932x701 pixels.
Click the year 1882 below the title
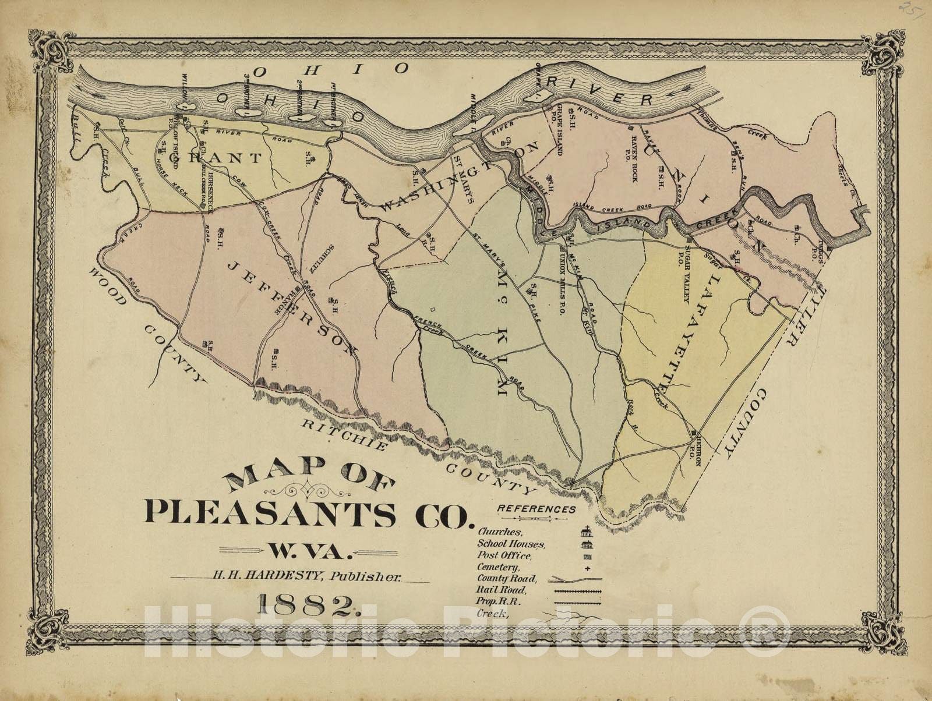[306, 607]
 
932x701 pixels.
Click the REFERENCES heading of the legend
[536, 509]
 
